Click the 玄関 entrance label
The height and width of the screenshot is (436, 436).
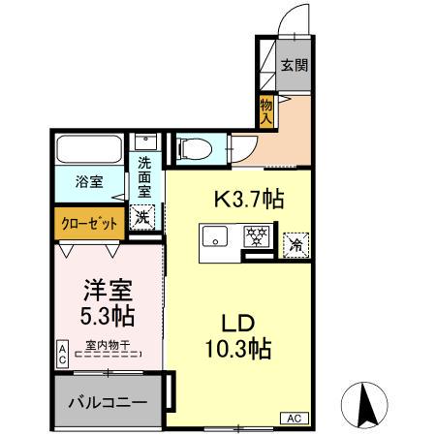click(295, 66)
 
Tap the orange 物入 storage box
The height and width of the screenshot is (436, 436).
click(266, 110)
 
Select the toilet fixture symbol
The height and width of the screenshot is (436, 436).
click(193, 148)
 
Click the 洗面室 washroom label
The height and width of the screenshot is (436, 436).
click(145, 177)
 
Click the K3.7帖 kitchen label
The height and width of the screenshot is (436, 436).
click(248, 201)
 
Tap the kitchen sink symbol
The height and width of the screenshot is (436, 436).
click(213, 237)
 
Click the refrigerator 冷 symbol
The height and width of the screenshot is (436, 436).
click(292, 244)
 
